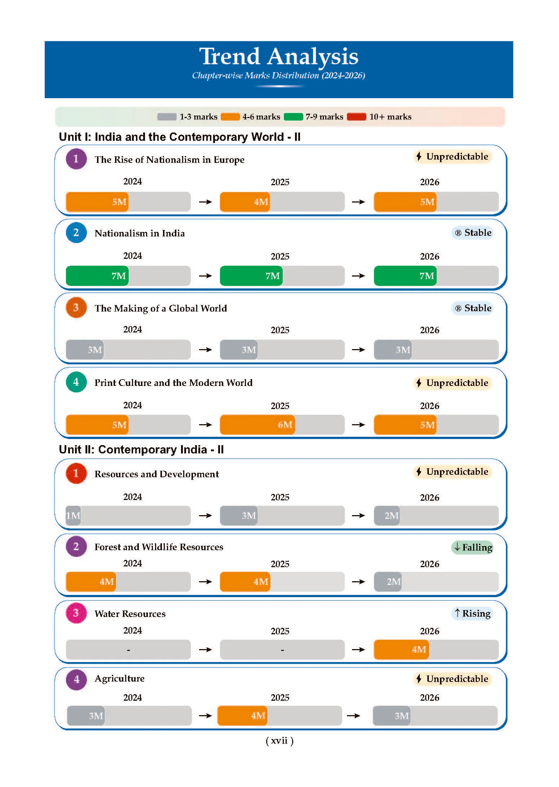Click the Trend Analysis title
tap(279, 56)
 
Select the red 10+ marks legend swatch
tap(357, 117)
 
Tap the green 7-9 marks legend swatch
tap(293, 117)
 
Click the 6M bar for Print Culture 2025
tap(258, 425)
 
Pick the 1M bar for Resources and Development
tap(73, 516)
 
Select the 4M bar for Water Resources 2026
tap(401, 649)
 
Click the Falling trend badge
tap(472, 547)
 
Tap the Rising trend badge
tap(472, 613)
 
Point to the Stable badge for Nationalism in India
tap(472, 232)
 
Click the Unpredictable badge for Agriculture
tap(453, 679)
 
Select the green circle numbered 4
tap(76, 382)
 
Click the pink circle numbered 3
tap(76, 613)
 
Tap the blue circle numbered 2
tap(76, 232)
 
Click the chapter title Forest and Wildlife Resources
tap(159, 547)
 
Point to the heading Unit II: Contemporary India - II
tap(141, 449)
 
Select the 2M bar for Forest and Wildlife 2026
tap(388, 582)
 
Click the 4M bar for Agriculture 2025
tap(242, 716)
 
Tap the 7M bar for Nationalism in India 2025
tap(251, 276)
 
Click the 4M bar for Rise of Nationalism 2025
tap(245, 201)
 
